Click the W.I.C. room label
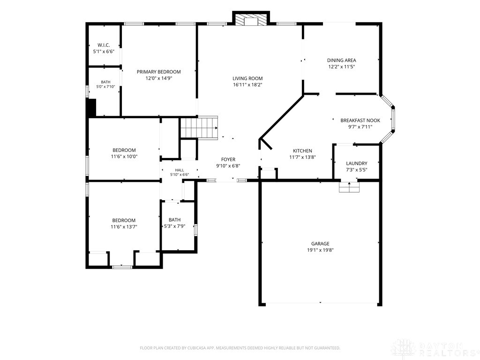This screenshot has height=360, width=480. click(x=104, y=45)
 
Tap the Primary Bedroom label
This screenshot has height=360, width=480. click(x=158, y=72)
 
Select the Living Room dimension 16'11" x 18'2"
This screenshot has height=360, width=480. click(x=247, y=85)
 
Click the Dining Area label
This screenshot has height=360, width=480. click(x=341, y=60)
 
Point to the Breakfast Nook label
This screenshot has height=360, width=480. click(x=360, y=120)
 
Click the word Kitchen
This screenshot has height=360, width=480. click(x=302, y=150)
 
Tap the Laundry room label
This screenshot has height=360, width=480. click(x=357, y=164)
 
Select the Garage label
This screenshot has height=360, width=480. click(x=320, y=244)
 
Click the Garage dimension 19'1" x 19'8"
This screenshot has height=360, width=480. click(x=320, y=250)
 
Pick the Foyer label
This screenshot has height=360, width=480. click(x=228, y=159)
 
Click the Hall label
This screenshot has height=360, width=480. click(x=180, y=170)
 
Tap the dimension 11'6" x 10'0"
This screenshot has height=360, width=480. click(x=124, y=157)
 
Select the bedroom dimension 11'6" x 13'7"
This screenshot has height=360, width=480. click(x=124, y=227)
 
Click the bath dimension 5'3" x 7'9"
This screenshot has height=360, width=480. click(x=174, y=226)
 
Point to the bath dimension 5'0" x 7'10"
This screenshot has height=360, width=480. click(x=105, y=87)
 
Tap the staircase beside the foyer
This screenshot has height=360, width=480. click(x=199, y=128)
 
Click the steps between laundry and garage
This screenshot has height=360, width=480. click(x=349, y=187)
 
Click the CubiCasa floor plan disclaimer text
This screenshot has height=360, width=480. click(x=240, y=348)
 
